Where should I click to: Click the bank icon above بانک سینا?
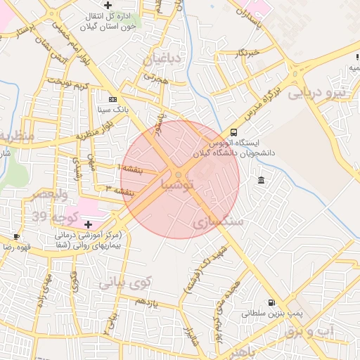112,99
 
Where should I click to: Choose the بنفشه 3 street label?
119,190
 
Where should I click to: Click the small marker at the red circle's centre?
179,174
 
